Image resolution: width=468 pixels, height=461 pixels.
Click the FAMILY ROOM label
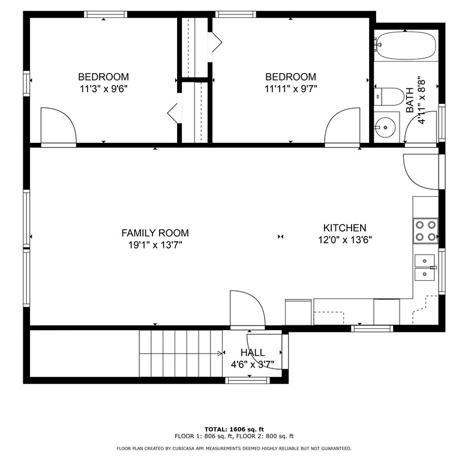[x=155, y=233]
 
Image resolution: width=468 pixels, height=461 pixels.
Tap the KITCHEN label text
[x=345, y=228]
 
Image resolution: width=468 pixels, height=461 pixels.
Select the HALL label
[x=253, y=352]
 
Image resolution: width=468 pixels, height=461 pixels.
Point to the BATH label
[x=410, y=100]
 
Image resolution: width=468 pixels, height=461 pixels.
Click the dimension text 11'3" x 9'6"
[x=104, y=89]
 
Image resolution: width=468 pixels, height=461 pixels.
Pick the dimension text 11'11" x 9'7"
[x=291, y=89]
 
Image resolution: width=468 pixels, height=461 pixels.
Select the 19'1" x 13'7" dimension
[x=155, y=245]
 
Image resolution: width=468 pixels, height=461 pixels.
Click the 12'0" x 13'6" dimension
[x=345, y=240]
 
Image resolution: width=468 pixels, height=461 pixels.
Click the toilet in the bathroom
[x=389, y=97]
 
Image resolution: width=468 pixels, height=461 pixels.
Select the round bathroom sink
[x=385, y=127]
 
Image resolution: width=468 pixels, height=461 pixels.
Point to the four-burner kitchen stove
[x=425, y=230]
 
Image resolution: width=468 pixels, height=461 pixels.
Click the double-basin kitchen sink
[x=425, y=268]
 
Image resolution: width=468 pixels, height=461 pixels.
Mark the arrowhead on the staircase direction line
[x=220, y=354]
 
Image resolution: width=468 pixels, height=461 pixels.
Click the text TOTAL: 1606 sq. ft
[x=234, y=429]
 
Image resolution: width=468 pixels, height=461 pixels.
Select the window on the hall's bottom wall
[x=247, y=380]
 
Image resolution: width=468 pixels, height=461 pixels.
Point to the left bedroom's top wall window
[x=106, y=14]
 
